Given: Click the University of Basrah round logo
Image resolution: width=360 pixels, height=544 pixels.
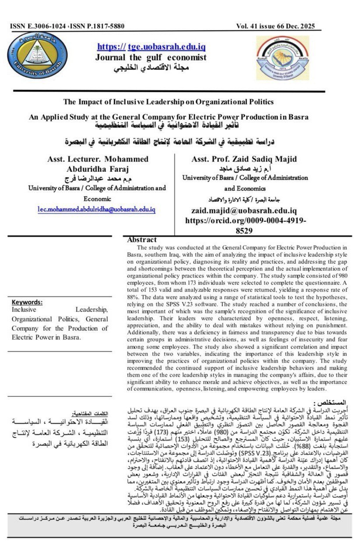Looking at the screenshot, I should click(x=38, y=56).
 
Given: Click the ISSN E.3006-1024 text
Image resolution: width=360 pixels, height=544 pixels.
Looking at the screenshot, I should click(x=38, y=27).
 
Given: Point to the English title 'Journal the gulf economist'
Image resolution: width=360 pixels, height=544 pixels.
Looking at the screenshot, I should click(x=151, y=57).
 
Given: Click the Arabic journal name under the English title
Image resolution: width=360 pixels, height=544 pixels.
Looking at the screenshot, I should click(x=151, y=68).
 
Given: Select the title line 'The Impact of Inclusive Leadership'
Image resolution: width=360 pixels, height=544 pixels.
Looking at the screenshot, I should click(x=168, y=102).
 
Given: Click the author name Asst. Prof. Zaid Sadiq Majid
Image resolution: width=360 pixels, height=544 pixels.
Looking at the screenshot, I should click(x=245, y=159).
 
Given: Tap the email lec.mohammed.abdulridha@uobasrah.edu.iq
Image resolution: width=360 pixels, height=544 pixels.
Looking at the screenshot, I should click(x=96, y=210).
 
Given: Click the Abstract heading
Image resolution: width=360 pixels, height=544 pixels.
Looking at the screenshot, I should click(x=141, y=240).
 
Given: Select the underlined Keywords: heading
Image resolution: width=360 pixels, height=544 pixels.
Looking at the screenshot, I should click(x=27, y=302).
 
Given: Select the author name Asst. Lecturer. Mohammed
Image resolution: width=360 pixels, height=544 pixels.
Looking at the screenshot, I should click(x=97, y=159).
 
